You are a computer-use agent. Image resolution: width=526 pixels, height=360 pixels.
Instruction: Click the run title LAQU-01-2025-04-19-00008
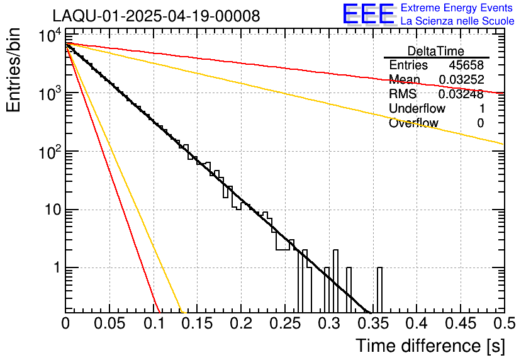156,16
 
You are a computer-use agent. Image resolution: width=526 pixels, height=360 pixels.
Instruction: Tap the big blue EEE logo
369,14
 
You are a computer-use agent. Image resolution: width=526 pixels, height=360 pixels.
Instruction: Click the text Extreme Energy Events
457,8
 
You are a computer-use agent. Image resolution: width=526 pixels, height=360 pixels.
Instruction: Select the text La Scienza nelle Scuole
457,21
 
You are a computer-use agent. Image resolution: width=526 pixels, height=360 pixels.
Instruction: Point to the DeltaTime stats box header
436,51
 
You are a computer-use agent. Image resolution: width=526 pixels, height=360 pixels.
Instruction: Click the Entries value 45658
466,65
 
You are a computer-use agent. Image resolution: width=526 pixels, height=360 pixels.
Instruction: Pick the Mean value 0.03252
462,80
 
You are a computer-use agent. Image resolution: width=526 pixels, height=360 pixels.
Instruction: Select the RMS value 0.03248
462,94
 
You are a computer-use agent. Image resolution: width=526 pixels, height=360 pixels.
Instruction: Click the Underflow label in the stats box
417,109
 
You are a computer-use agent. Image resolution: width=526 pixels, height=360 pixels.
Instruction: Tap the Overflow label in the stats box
413,123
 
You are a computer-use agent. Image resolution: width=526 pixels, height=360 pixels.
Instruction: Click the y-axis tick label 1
55,268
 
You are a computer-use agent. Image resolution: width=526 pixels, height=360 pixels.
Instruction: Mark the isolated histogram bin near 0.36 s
380,290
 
